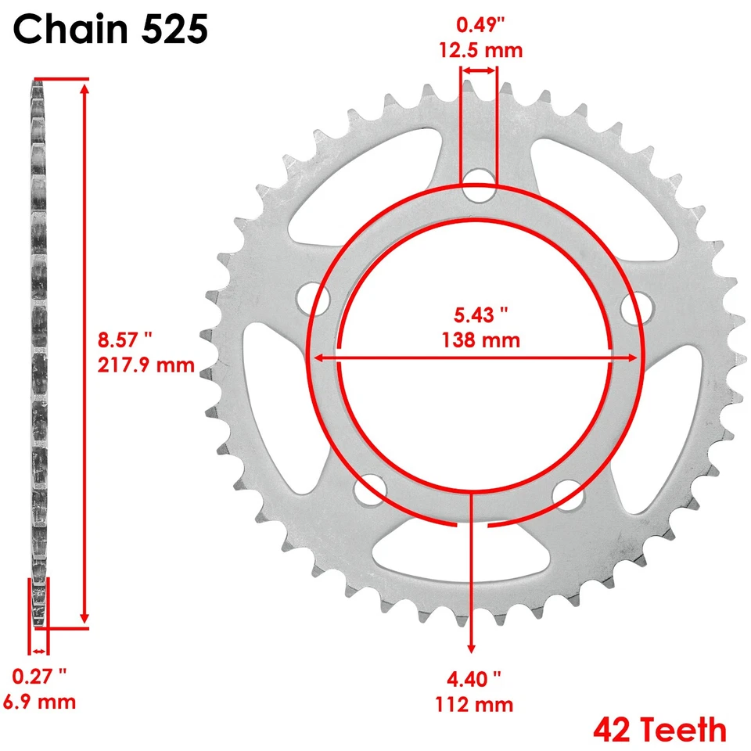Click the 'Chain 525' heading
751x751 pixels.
[111, 30]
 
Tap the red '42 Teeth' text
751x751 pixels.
[659, 729]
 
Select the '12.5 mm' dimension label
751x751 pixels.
[479, 51]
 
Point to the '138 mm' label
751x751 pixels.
[480, 340]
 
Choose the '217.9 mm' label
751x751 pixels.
[146, 365]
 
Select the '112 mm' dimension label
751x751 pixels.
[474, 704]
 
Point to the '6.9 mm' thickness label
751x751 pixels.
[38, 701]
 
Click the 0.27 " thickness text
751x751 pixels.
[40, 674]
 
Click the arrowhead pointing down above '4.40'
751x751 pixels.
[471, 646]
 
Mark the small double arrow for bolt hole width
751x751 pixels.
[477, 70]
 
